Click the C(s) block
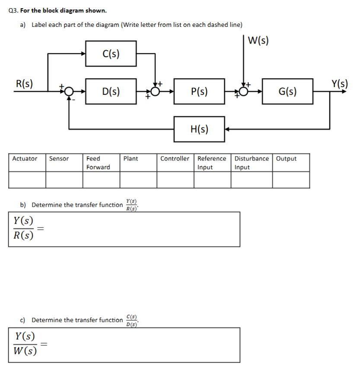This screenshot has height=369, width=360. tap(111, 54)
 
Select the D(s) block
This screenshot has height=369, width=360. tap(111, 91)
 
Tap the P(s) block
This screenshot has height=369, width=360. tap(199, 91)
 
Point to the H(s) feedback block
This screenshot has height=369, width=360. tap(199, 129)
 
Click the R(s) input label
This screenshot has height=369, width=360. tap(25, 83)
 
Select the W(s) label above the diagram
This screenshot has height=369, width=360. tap(258, 41)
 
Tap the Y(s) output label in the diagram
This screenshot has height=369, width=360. tap(340, 83)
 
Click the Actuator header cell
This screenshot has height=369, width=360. tap(25, 159)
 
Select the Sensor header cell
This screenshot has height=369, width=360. tap(59, 159)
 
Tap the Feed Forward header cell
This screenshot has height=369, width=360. tap(98, 163)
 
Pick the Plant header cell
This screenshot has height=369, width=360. tap(131, 159)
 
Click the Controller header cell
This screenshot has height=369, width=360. tap(175, 159)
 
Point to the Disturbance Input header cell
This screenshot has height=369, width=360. tap(251, 163)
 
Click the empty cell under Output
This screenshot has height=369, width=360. tap(291, 180)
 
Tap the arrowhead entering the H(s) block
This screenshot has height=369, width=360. tap(227, 129)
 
